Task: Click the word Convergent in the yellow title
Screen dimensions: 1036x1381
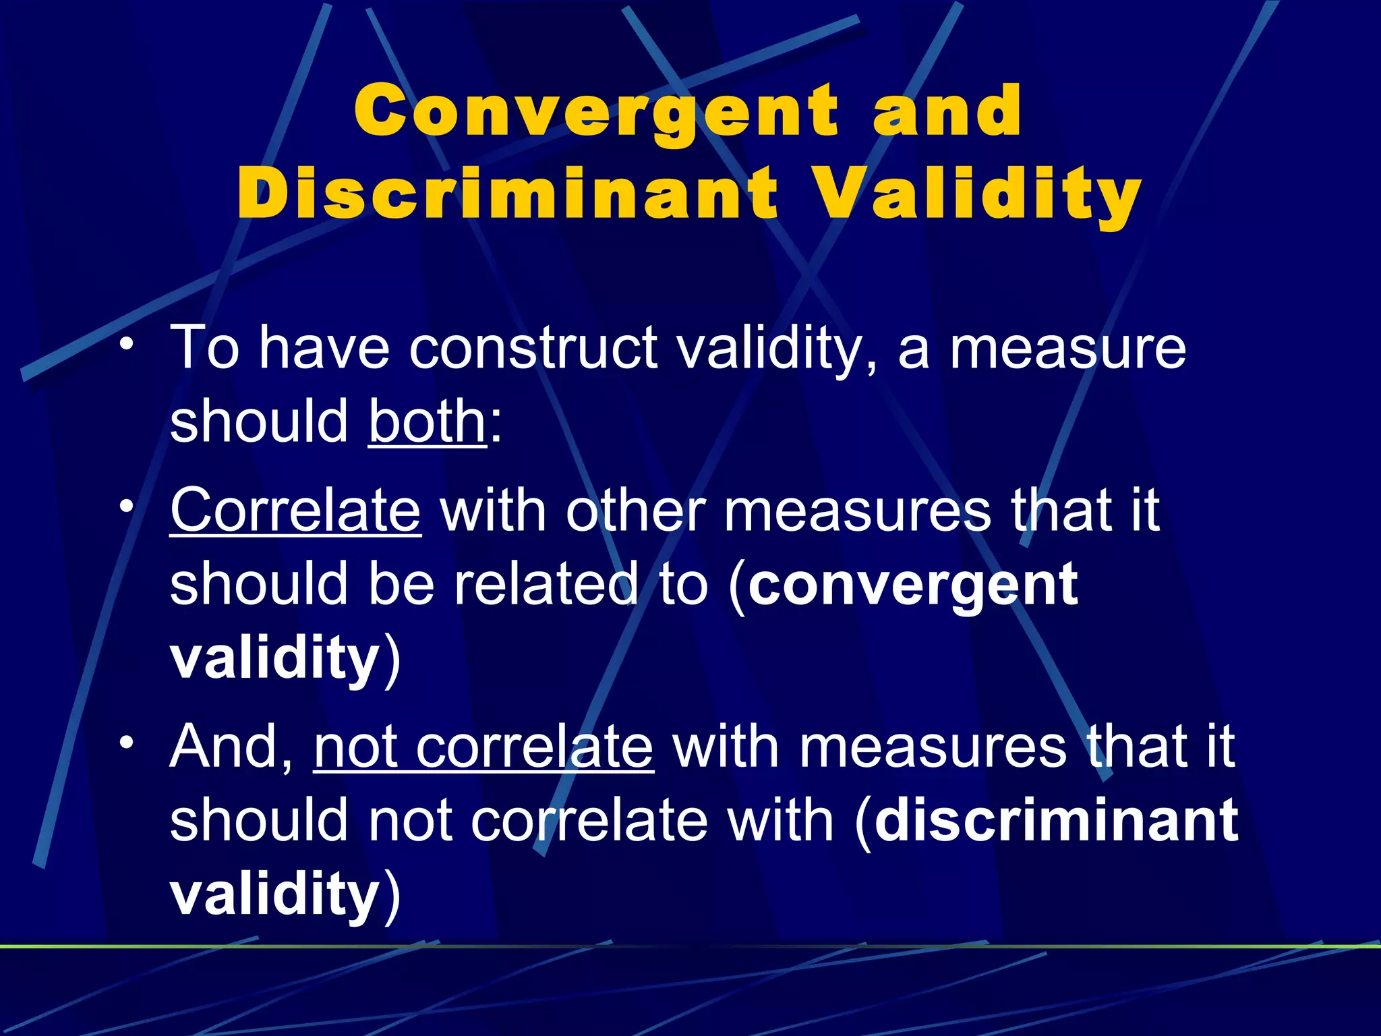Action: pyautogui.click(x=596, y=112)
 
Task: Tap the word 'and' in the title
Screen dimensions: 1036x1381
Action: pyautogui.click(x=947, y=111)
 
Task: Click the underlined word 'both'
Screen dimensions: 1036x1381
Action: pyautogui.click(x=427, y=421)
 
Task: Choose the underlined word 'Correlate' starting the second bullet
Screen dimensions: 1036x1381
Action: pyautogui.click(x=295, y=511)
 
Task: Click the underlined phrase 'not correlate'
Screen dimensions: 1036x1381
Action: pyautogui.click(x=483, y=747)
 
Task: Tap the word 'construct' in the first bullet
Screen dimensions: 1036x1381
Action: pyautogui.click(x=533, y=348)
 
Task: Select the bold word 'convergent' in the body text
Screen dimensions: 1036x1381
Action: pyautogui.click(x=913, y=585)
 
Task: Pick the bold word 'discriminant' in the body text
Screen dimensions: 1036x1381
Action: pyautogui.click(x=1056, y=821)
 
